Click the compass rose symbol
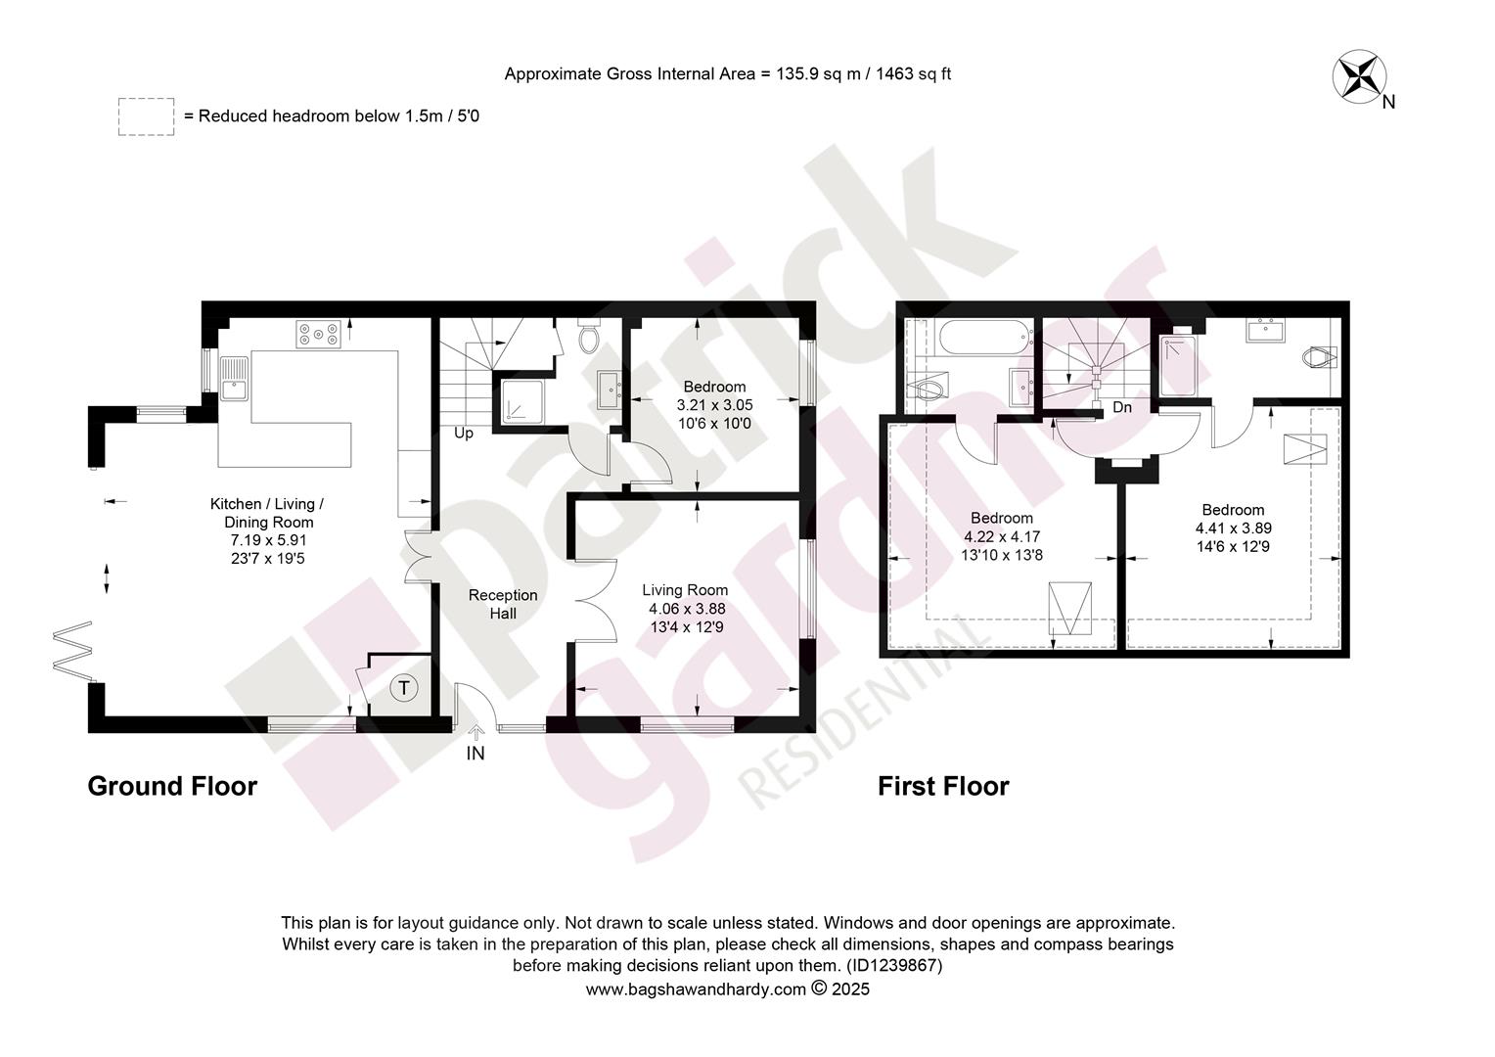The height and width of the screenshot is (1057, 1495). coord(1360,76)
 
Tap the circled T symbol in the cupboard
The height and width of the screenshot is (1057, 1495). coord(404,687)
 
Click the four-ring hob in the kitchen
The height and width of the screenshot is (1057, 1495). coord(318,334)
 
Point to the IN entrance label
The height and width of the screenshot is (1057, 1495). coord(476,754)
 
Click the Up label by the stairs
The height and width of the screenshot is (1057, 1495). coord(464,433)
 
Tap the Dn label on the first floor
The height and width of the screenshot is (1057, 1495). coord(1122,407)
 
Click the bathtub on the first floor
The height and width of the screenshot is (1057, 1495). coord(985,338)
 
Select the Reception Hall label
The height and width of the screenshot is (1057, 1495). coord(503,604)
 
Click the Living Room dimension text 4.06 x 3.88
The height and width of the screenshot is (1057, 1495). coord(687,609)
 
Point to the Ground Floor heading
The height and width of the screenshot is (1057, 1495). coord(172,787)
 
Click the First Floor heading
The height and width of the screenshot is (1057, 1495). coord(943,787)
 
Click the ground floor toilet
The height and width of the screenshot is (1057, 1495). coord(588,335)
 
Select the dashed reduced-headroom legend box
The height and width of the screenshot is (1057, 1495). coord(146,116)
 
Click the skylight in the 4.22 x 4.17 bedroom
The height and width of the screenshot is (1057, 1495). coord(1069,609)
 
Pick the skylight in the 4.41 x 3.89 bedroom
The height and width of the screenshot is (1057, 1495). coord(1305,449)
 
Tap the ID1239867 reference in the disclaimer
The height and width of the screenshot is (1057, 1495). coord(894,966)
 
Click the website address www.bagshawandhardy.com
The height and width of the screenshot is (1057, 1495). coord(696,988)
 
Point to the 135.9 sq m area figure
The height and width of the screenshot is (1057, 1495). coord(818,73)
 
